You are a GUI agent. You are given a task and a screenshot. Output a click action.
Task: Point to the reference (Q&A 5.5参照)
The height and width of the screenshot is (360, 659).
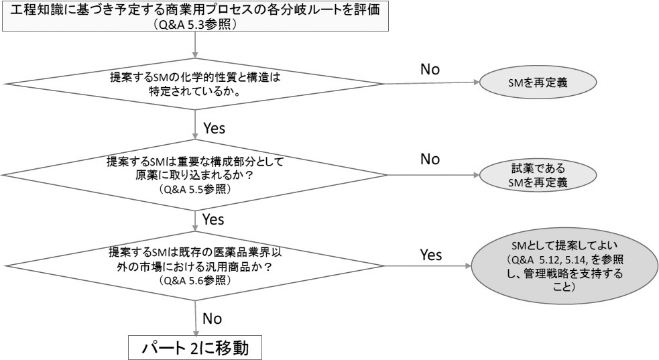coord(194,190)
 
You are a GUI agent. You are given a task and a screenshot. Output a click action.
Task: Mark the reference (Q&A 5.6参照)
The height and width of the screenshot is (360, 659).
coord(194,281)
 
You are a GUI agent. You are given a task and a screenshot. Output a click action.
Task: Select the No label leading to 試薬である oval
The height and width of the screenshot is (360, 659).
coord(430,160)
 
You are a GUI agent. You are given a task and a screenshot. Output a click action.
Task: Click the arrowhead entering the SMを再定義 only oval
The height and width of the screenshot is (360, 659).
coord(477,84)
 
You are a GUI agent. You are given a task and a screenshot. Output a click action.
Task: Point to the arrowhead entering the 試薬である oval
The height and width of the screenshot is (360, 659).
coord(477,176)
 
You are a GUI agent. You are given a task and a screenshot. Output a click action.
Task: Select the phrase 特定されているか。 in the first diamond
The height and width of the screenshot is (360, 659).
coord(194,90)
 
